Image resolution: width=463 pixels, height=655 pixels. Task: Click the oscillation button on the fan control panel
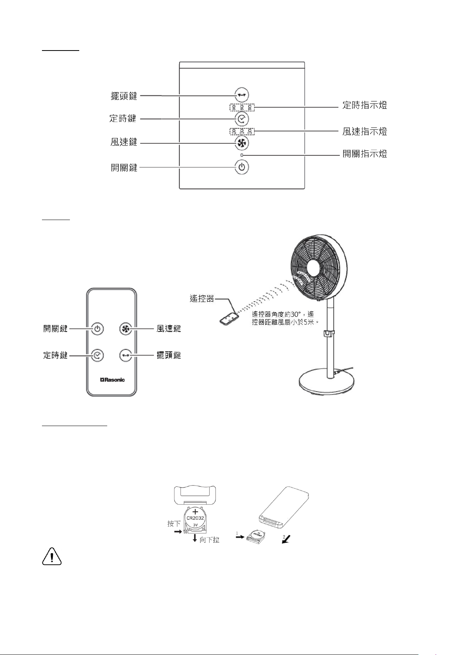[x=242, y=95]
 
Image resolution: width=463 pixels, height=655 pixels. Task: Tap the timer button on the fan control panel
[x=242, y=119]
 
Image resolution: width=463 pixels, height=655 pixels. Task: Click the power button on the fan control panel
[x=242, y=167]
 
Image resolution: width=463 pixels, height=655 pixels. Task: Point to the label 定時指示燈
[x=365, y=105]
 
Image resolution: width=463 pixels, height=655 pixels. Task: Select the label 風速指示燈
[x=365, y=131]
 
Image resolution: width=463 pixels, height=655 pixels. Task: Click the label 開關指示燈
[x=365, y=154]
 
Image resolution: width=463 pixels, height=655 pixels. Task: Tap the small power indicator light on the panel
[x=242, y=155]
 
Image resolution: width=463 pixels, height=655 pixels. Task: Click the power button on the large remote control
[x=97, y=329]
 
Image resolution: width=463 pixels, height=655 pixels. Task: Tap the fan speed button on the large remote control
[x=125, y=329]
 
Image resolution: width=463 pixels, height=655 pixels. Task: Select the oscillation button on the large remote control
[x=125, y=355]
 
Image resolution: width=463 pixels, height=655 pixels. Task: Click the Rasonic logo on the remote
[x=112, y=380]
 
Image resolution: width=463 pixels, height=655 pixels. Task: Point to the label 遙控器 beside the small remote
[x=202, y=299]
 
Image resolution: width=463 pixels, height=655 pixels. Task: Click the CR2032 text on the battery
[x=195, y=518]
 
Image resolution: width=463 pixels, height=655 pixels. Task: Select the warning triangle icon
[x=52, y=556]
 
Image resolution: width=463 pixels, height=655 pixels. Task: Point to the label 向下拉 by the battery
[x=209, y=540]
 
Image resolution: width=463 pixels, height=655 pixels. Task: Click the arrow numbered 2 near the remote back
[x=286, y=539]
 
